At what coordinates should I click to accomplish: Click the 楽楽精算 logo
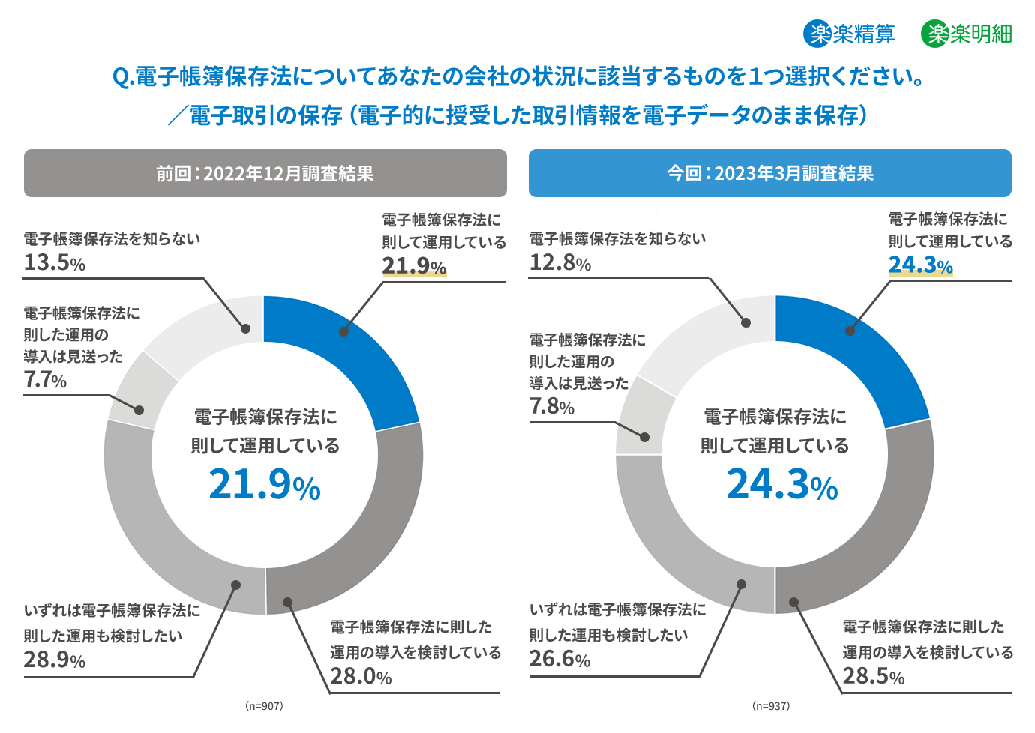click(x=849, y=34)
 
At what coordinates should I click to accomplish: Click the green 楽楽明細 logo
click(x=967, y=34)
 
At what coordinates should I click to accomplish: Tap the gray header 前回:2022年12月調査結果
click(x=265, y=173)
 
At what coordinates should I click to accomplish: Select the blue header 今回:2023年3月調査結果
click(x=770, y=173)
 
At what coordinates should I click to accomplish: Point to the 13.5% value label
click(x=54, y=262)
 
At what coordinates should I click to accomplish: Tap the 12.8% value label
click(x=560, y=262)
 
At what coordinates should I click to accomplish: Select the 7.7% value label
click(x=45, y=380)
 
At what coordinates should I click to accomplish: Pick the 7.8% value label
click(x=552, y=406)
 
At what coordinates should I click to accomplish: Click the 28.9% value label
click(x=54, y=660)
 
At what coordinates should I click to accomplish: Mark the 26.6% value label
click(x=559, y=659)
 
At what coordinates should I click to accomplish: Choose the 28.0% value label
click(x=361, y=676)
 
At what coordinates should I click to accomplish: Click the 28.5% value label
click(x=873, y=676)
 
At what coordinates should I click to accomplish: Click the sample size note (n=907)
click(x=264, y=706)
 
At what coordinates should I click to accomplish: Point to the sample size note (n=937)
click(x=771, y=706)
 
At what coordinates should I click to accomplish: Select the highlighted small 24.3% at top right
click(x=920, y=265)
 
